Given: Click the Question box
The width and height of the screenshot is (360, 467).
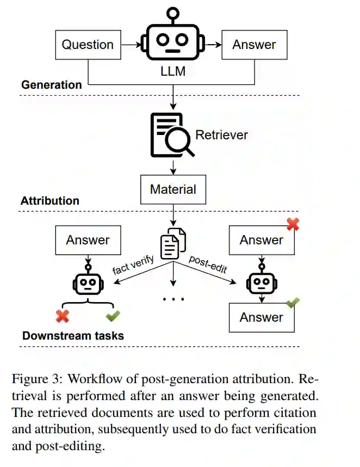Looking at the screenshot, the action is coord(88,45).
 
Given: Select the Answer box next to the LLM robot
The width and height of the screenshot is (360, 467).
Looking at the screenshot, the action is coord(255,45).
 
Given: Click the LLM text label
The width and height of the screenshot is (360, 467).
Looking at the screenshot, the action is coord(173,71).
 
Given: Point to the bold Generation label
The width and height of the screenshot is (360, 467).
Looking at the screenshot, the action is coord(52,85).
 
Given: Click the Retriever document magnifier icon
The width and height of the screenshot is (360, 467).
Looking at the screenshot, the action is coord(172,135).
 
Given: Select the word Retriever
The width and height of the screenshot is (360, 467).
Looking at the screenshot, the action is coord(221,135).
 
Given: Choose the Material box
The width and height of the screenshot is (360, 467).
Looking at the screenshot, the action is coord(173,189).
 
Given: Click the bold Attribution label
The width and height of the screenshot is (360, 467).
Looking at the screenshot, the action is coord(50,201).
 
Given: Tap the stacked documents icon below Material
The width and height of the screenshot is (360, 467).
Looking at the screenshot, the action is coord(173,243).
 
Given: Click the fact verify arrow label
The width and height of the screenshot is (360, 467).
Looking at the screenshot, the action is coord(133,265).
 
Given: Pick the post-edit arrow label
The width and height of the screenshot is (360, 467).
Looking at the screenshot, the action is coord(208,264).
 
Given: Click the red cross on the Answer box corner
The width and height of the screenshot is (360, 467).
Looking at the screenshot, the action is coord(293,224).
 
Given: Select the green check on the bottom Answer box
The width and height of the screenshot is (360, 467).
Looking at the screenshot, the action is coord(293,303).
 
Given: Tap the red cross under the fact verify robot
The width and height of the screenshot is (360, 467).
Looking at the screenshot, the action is coord(63,316).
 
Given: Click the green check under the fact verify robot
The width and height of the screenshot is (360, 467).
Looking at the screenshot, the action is coord(113,316).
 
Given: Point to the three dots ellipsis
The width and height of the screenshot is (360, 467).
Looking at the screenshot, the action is coord(173,299).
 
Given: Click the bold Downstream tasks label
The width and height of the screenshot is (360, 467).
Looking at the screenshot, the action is coord(73,336).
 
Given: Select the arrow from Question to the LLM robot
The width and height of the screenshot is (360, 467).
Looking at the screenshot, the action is coord(131,45).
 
